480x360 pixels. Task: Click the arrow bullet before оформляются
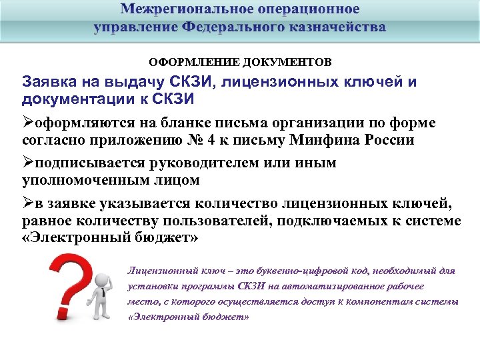click(x=28, y=123)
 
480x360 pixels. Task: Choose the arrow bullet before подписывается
click(x=28, y=163)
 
